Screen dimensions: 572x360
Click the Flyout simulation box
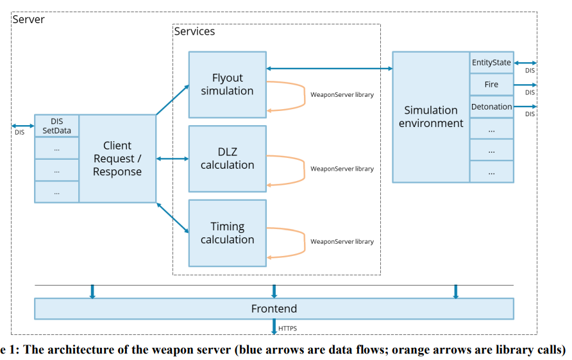pyautogui.click(x=227, y=85)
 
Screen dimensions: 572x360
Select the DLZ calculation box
pyautogui.click(x=227, y=159)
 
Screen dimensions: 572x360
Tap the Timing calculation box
pyautogui.click(x=227, y=233)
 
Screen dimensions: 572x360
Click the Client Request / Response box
pyautogui.click(x=117, y=159)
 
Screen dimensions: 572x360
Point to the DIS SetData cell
pyautogui.click(x=56, y=126)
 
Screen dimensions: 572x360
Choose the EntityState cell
pyautogui.click(x=491, y=62)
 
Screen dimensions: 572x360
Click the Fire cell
pyautogui.click(x=491, y=84)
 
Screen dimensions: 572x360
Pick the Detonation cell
pyautogui.click(x=491, y=107)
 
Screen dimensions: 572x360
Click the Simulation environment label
pyautogui.click(x=431, y=117)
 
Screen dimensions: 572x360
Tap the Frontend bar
pyautogui.click(x=274, y=309)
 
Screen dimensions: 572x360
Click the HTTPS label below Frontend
pyautogui.click(x=287, y=329)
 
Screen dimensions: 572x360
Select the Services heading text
pyautogui.click(x=194, y=31)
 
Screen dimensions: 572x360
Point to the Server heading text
pyautogui.click(x=28, y=19)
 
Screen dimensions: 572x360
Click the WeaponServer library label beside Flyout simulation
pyautogui.click(x=342, y=94)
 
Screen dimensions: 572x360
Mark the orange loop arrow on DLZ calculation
pyautogui.click(x=304, y=170)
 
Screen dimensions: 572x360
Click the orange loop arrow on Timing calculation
pyautogui.click(x=304, y=243)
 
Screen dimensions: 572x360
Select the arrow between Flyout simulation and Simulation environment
pyautogui.click(x=330, y=68)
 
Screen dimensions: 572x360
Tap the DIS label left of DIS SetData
pyautogui.click(x=20, y=132)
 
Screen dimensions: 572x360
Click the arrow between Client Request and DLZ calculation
pyautogui.click(x=172, y=159)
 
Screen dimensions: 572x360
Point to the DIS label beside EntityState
pyautogui.click(x=530, y=71)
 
